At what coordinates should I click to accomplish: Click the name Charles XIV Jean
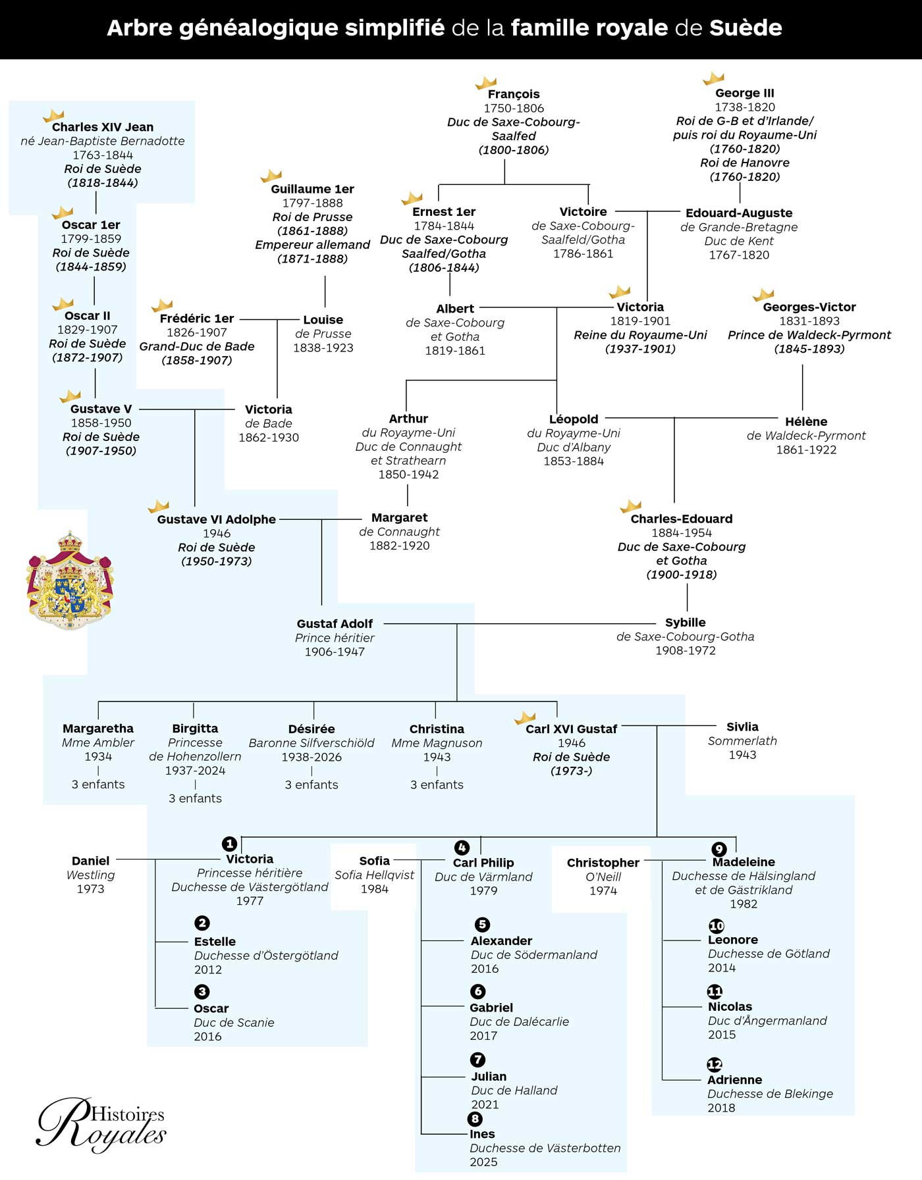102,127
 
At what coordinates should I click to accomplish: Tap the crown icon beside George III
713,79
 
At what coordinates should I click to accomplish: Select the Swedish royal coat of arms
70,580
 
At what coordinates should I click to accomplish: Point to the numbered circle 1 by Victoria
229,844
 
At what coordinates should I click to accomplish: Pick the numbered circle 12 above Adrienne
715,1064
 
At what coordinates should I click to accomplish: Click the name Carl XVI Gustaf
571,729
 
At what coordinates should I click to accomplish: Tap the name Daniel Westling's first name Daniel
90,861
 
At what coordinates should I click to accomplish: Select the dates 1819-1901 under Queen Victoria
640,321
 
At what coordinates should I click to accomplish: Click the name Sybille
685,623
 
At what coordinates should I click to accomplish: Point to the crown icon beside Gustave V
70,396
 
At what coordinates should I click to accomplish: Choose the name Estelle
215,942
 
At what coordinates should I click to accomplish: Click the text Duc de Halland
514,1090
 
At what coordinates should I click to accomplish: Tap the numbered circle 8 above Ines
475,1119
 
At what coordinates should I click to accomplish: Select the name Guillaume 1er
312,189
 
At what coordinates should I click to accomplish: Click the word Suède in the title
746,28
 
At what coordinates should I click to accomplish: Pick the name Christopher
603,863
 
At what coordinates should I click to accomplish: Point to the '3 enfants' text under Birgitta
195,798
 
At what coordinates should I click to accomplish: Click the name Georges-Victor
809,307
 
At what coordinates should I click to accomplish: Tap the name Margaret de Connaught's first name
399,518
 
